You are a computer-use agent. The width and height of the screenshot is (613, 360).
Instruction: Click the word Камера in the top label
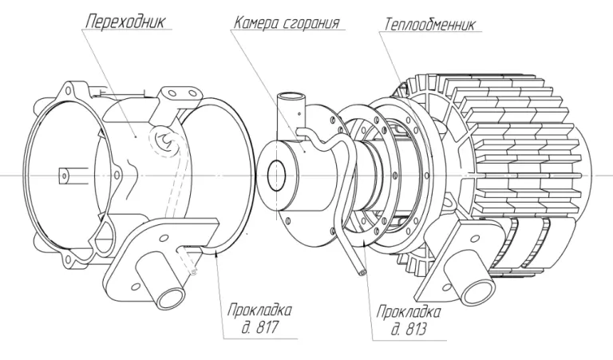point(257,22)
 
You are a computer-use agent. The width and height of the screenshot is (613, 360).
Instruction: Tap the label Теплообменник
point(429,23)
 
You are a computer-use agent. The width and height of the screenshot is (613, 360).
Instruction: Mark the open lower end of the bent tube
point(364,272)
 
